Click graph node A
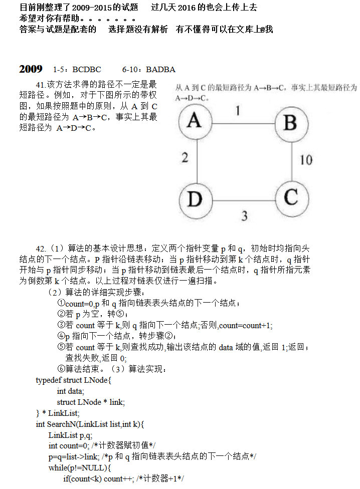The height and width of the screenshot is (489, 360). (x=194, y=121)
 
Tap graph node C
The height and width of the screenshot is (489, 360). (x=290, y=197)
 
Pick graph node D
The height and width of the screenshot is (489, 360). (x=194, y=199)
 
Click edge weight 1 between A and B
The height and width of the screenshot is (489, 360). (x=238, y=110)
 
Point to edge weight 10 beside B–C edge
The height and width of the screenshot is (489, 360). (x=306, y=160)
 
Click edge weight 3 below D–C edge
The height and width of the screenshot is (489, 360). (x=244, y=216)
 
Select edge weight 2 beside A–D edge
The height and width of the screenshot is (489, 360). (x=185, y=158)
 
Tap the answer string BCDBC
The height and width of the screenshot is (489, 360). (x=87, y=70)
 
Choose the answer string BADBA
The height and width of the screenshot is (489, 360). (x=160, y=70)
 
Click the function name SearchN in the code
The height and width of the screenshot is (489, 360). (x=62, y=424)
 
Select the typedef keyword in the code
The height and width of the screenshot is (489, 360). (x=49, y=380)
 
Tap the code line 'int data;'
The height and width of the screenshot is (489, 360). (x=71, y=391)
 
